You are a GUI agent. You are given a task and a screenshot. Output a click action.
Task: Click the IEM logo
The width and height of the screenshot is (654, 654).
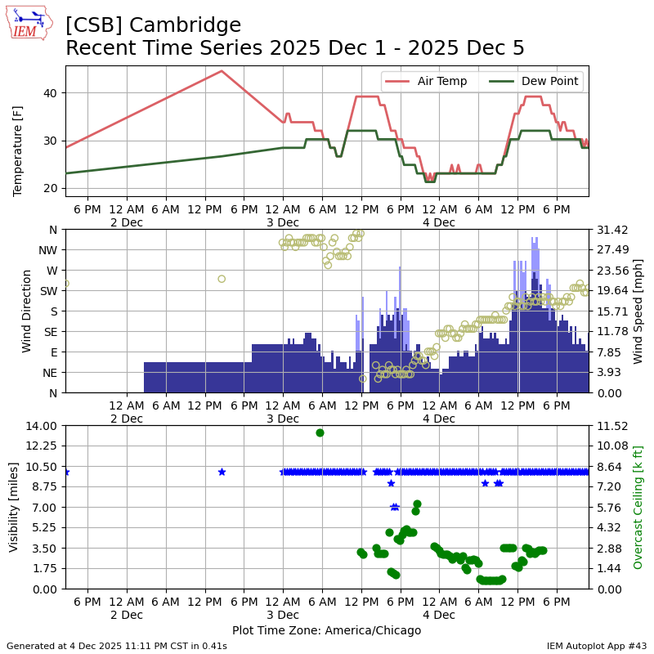point(29,23)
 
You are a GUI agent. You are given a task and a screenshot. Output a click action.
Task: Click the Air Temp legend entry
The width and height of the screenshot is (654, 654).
point(441,81)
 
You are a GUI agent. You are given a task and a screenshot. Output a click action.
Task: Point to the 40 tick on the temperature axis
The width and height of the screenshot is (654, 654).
point(51,93)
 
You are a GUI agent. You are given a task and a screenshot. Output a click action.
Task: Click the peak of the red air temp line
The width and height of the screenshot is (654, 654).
point(222,70)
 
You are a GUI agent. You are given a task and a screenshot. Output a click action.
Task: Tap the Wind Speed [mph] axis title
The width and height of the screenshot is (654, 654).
point(638,311)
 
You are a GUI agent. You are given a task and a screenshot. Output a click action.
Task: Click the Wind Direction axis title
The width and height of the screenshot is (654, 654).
point(26,311)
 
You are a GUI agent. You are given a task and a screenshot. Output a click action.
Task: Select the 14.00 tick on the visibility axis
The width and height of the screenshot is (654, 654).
point(41,426)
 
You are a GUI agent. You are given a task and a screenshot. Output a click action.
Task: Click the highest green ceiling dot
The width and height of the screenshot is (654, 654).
point(320,432)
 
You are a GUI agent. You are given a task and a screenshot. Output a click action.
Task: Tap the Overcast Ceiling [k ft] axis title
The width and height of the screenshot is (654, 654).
point(638,507)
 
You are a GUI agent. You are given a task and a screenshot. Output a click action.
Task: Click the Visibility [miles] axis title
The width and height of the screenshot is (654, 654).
point(14,507)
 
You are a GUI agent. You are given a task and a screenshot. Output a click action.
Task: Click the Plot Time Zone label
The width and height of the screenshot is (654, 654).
point(326,630)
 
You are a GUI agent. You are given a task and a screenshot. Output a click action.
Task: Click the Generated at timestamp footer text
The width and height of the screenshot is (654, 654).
point(117,646)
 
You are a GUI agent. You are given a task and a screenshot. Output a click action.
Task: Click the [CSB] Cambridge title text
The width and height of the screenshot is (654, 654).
point(153,25)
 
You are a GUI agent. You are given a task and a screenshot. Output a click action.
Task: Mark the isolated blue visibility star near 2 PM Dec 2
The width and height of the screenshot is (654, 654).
point(222,472)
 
